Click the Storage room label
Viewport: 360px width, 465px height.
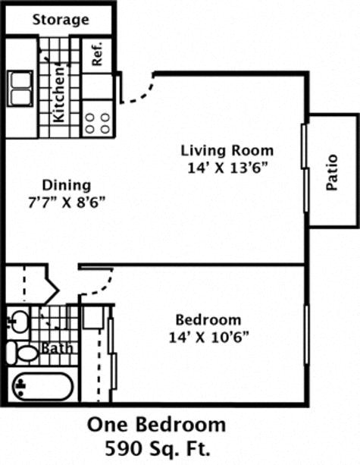(x=61, y=20)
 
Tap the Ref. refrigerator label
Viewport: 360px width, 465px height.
(x=97, y=54)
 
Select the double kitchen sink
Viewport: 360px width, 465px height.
(x=20, y=89)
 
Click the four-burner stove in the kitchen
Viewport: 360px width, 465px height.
(x=98, y=123)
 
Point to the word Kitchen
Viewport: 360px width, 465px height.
(x=58, y=95)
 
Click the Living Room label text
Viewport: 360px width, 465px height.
(x=227, y=150)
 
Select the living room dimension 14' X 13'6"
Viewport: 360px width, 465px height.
(x=226, y=168)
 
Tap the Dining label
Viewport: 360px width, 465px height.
(x=67, y=186)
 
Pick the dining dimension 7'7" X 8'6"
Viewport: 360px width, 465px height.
(x=67, y=203)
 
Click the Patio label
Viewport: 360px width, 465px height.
(x=332, y=172)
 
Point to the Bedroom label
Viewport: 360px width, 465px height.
(x=208, y=319)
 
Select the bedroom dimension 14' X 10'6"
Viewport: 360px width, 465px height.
(x=208, y=338)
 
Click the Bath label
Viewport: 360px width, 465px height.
(x=57, y=348)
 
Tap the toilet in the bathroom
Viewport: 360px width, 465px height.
(x=23, y=353)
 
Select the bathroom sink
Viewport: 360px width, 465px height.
(x=17, y=321)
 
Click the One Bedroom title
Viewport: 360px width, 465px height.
(x=156, y=425)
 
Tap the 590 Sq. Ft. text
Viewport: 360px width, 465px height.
(x=158, y=449)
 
